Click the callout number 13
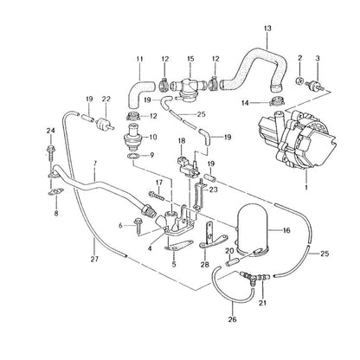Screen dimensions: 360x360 click(267, 29)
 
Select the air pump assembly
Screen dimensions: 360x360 click(295, 139)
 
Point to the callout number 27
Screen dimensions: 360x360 click(94, 259)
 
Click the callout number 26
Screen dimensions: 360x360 click(232, 319)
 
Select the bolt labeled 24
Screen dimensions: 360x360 click(50, 153)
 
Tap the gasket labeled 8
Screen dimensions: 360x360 click(55, 192)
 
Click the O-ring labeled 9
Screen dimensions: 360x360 click(133, 157)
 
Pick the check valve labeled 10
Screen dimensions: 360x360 click(132, 137)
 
